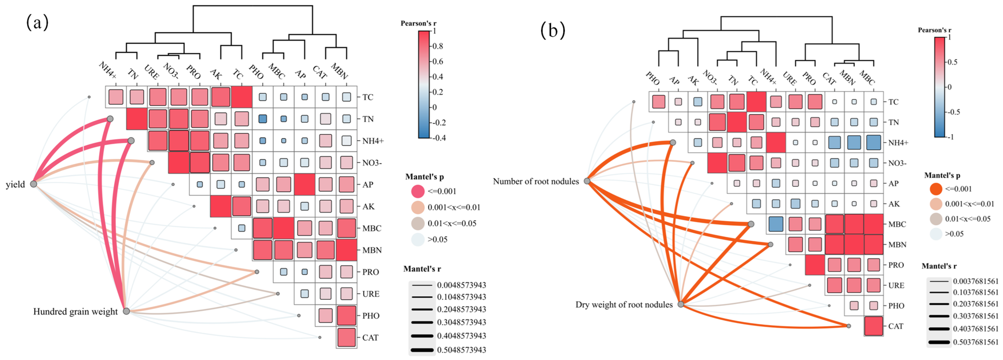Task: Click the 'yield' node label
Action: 15,184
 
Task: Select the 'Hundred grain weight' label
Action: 75,312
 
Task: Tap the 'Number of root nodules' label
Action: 536,181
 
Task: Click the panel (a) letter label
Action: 38,23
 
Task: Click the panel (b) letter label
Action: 552,30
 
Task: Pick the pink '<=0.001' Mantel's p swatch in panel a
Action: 418,191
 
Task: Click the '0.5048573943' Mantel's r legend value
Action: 461,350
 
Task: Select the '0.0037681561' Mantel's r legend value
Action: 976,281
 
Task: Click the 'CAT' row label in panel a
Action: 370,338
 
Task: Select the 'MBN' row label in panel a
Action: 372,250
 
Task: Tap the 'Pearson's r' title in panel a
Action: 419,23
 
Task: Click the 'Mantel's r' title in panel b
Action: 939,266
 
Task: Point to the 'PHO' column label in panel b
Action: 653,78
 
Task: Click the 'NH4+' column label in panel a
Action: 107,70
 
